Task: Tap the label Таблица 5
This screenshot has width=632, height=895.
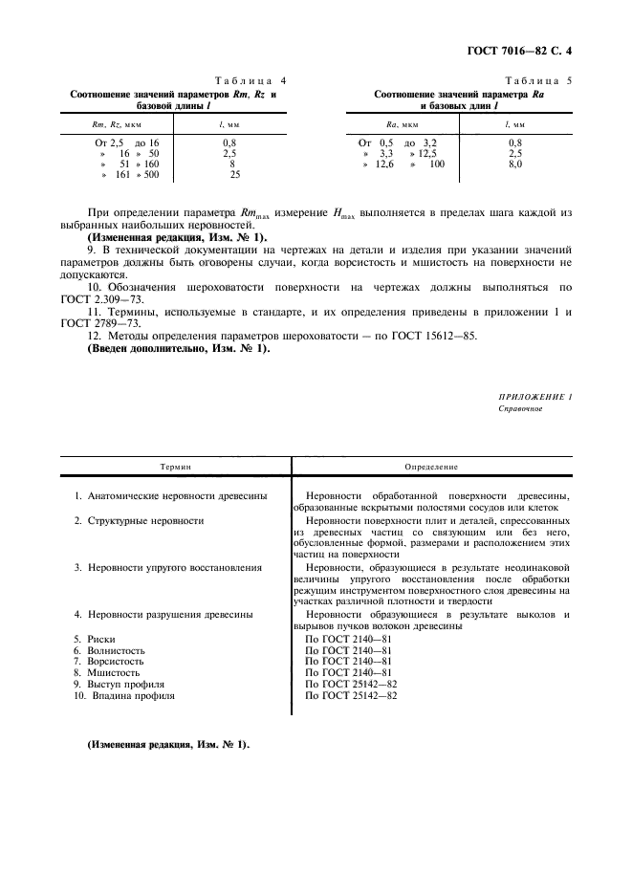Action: tap(538, 83)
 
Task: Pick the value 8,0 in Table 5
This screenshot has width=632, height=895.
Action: tap(515, 164)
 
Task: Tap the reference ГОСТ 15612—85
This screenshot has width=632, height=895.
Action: tap(427, 336)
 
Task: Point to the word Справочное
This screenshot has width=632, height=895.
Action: tap(521, 408)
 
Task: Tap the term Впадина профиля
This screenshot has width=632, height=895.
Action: tap(124, 696)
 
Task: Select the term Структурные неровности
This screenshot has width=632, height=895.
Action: tap(139, 520)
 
